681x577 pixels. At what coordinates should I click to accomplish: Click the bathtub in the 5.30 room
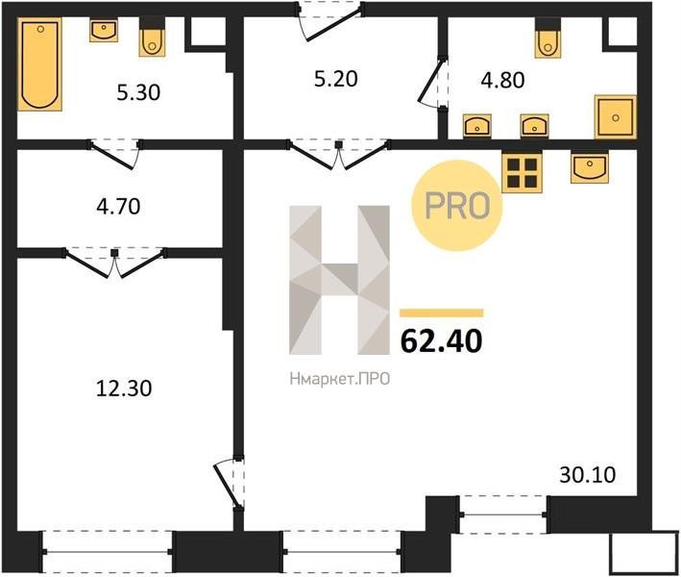pos(39,64)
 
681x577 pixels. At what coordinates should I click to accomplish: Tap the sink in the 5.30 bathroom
pos(104,31)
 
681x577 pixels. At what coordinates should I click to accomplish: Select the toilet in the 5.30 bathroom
pos(152,37)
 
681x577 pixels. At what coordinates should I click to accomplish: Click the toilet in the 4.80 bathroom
pos(548,38)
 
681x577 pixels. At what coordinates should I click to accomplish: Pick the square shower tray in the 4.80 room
pos(616,117)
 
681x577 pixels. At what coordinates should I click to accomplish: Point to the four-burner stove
pos(523,172)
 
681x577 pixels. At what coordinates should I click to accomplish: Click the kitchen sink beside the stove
pos(590,167)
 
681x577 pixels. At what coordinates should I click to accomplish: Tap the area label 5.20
pos(336,79)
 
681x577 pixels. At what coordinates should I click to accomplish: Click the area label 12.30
pos(124,389)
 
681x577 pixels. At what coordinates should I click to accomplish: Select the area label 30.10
pos(587,475)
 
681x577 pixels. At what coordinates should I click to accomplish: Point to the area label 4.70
pos(118,207)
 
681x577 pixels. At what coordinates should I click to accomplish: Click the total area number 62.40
pos(441,340)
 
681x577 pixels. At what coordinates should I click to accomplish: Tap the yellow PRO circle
pos(457,205)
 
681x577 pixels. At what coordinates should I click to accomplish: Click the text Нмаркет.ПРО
pos(340,379)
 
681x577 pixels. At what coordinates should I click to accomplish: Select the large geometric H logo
pos(339,280)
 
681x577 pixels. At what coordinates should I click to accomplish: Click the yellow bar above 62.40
pos(441,314)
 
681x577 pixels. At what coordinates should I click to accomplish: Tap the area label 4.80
pos(502,81)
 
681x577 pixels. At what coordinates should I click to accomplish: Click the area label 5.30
pos(138,92)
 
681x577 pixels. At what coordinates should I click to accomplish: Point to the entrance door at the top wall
pos(330,21)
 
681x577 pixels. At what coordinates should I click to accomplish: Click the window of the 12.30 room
pos(108,551)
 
